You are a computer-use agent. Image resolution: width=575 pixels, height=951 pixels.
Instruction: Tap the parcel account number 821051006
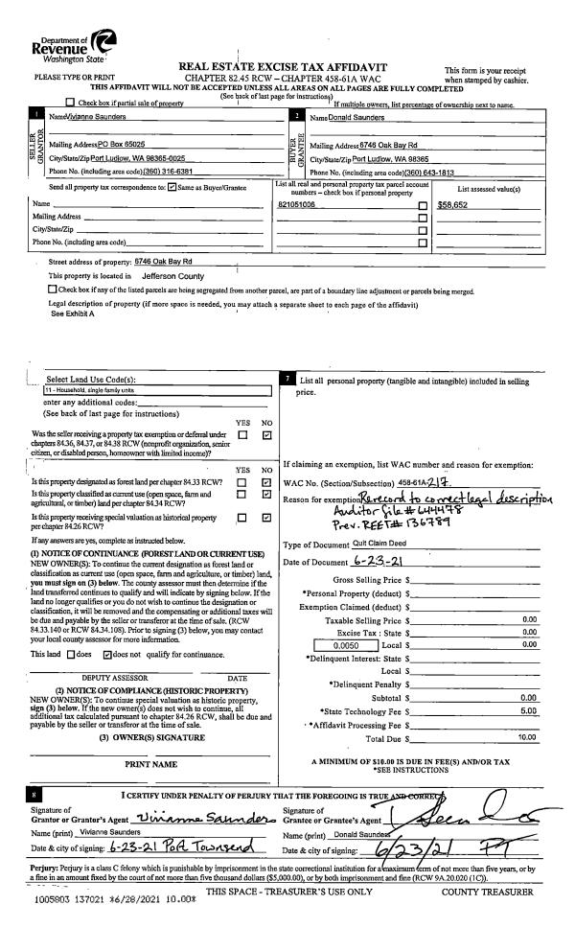[x=296, y=205]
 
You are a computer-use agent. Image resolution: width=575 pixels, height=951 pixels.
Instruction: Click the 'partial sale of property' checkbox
[x=70, y=102]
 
